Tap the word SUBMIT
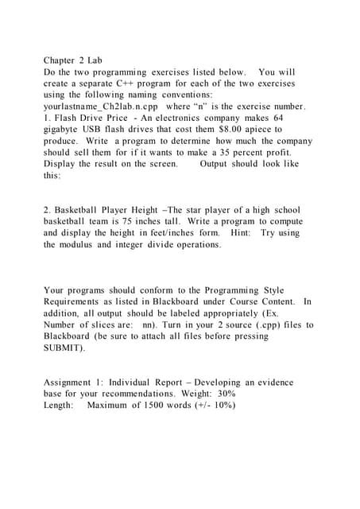64,348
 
